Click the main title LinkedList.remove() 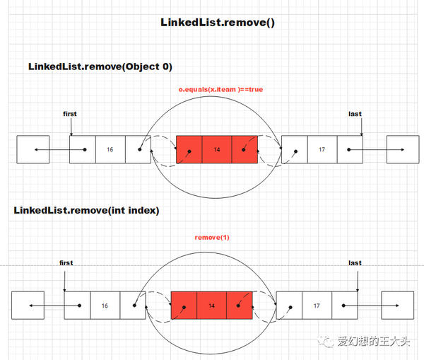[x=217, y=23]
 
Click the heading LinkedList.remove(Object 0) [x=100, y=66]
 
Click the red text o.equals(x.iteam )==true [x=220, y=89]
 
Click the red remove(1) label [x=211, y=237]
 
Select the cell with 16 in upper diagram [x=110, y=149]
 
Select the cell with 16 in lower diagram [x=105, y=306]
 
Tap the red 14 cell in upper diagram [x=216, y=149]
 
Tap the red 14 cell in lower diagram [x=211, y=306]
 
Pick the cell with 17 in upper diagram [x=322, y=149]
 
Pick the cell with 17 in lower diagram [x=316, y=306]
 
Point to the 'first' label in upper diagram [x=70, y=113]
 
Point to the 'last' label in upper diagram [x=355, y=113]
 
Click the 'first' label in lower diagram [x=66, y=262]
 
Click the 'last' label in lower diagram [x=355, y=262]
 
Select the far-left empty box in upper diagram [x=33, y=149]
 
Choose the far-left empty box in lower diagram [x=28, y=306]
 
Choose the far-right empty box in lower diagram [x=397, y=306]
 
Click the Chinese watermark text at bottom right [x=372, y=342]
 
